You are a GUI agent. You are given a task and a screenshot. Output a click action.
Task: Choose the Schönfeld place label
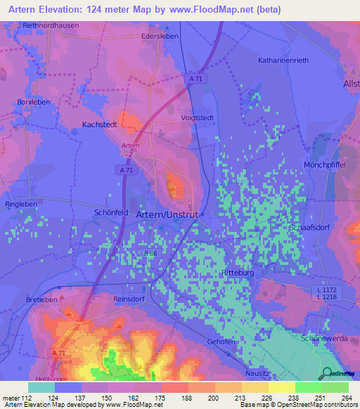point(111,212)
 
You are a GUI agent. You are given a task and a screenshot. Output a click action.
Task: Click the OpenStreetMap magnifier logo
point(326,374)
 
